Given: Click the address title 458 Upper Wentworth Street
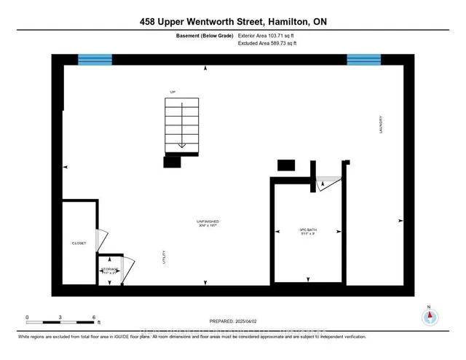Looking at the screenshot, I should click(232, 23).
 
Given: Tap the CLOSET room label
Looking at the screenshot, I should click(79, 243).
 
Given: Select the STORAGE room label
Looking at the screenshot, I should click(110, 270).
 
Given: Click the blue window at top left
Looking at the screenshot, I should click(95, 59).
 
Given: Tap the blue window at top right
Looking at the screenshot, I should click(363, 59).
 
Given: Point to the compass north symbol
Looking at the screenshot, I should click(430, 316).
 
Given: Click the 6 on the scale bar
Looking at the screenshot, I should click(95, 317).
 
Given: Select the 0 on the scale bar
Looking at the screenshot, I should click(27, 317).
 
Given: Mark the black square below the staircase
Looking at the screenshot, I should click(172, 163).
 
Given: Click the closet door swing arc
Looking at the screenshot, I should click(103, 240).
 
